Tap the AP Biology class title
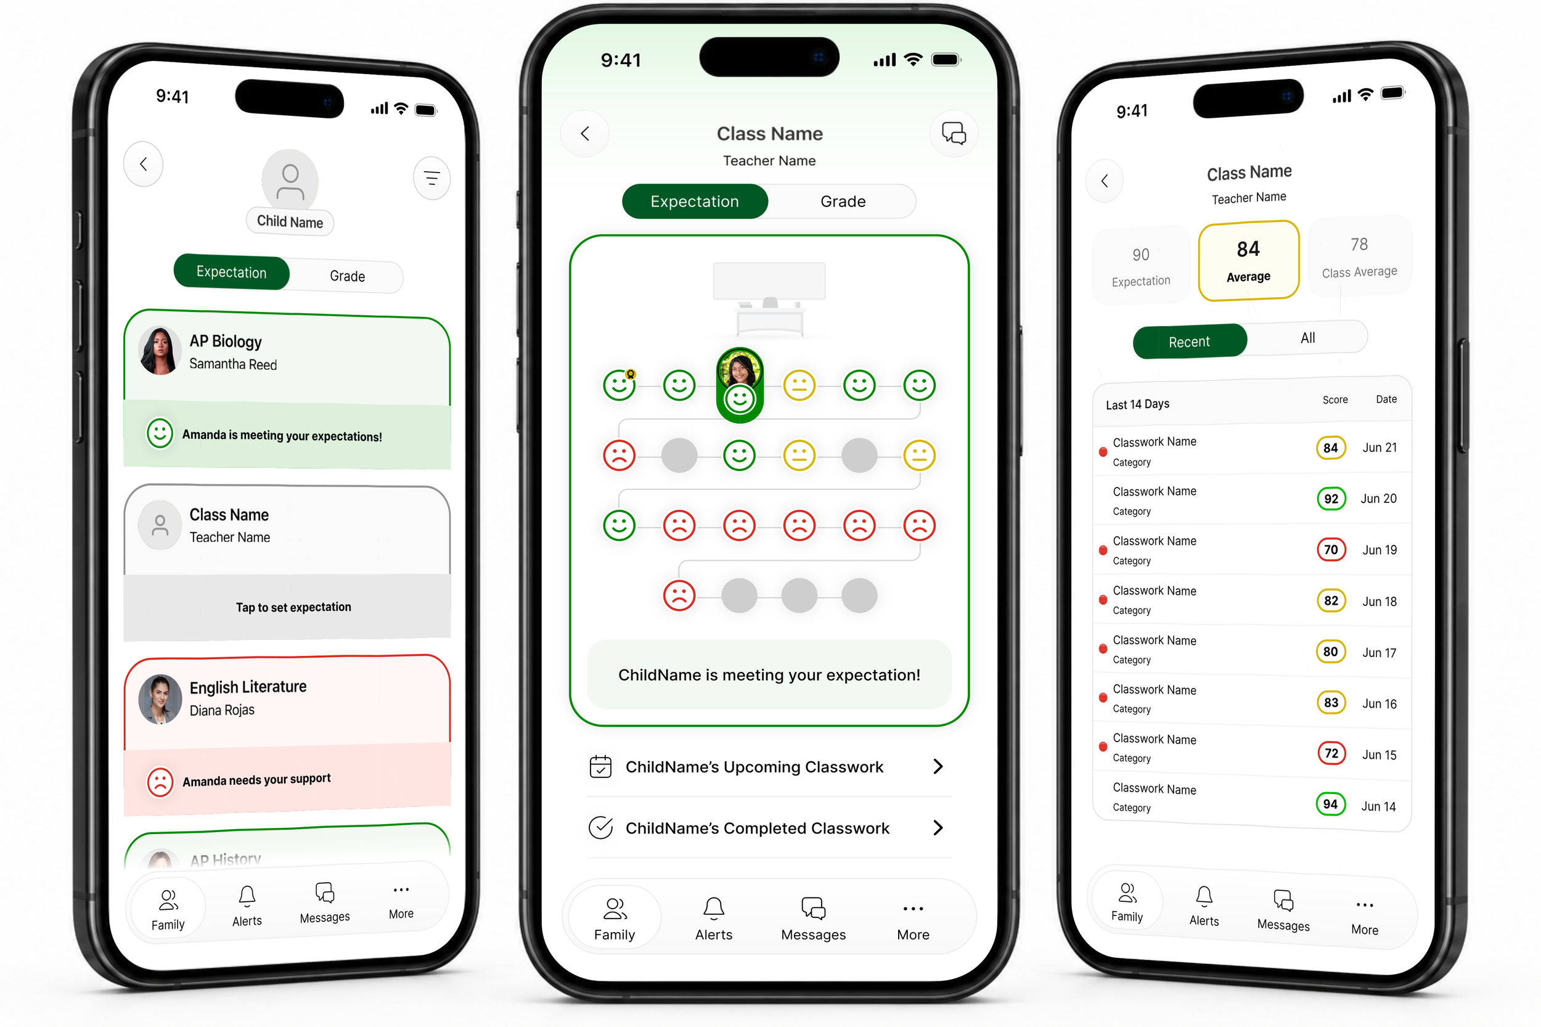click(225, 342)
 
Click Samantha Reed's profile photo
click(160, 350)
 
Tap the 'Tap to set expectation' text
click(293, 607)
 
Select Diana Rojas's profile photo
click(160, 699)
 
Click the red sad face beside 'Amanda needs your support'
click(160, 782)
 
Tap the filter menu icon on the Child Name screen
click(431, 178)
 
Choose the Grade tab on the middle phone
click(843, 201)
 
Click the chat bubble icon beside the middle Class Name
click(954, 134)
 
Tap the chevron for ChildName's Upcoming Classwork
click(938, 766)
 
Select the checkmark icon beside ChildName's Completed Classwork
click(600, 828)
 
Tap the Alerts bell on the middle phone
click(714, 909)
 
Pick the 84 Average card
click(1248, 261)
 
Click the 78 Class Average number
click(1359, 244)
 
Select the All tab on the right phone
click(1308, 338)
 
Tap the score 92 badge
click(1331, 499)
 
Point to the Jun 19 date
click(1380, 550)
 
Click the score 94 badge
click(1330, 804)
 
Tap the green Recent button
click(1189, 342)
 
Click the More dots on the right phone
click(1365, 905)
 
